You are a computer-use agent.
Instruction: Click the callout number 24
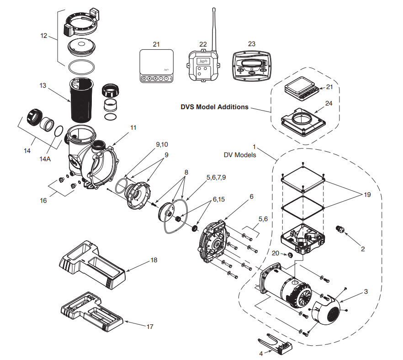click(329, 104)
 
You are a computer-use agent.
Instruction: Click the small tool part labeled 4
click(276, 343)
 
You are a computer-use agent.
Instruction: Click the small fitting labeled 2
click(339, 228)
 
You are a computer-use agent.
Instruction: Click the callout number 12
click(43, 36)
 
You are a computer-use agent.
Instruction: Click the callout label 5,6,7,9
click(216, 176)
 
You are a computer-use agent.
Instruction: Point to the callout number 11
click(133, 127)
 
